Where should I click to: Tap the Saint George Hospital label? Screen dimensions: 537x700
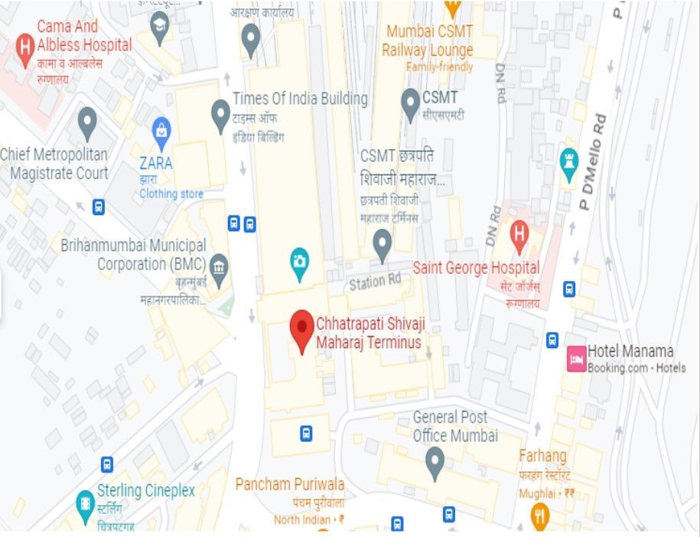(x=476, y=268)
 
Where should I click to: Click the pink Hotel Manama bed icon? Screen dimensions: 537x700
(x=575, y=359)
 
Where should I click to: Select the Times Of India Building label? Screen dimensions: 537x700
(x=300, y=99)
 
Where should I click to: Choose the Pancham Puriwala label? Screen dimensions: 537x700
(x=289, y=484)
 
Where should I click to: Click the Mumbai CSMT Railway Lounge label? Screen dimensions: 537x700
(x=429, y=41)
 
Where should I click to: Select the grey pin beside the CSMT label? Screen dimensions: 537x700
(x=410, y=100)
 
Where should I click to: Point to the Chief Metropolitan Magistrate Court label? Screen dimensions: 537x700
(x=54, y=164)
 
